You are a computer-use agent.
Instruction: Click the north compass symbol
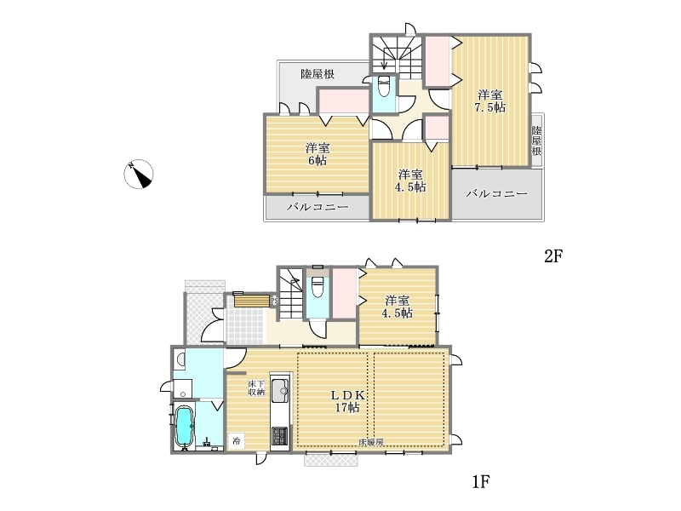(139, 175)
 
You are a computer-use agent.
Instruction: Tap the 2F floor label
(553, 256)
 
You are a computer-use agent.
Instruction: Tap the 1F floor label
(481, 481)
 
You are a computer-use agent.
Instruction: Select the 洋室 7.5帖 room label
(490, 101)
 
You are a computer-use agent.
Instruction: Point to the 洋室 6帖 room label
(318, 154)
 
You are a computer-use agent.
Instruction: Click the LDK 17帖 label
(347, 401)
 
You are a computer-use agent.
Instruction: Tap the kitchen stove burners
(279, 436)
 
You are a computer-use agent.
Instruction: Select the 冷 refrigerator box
(236, 440)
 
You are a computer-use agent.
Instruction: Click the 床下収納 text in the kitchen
(256, 388)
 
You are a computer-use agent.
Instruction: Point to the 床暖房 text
(370, 442)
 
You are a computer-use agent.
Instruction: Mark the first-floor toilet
(318, 287)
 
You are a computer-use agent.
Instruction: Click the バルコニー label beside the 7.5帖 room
(497, 194)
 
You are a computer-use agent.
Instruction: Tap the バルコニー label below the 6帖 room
(318, 207)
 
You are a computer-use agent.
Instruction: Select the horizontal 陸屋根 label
(318, 74)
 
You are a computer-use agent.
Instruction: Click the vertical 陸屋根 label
(537, 141)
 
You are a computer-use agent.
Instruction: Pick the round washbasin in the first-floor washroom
(180, 359)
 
